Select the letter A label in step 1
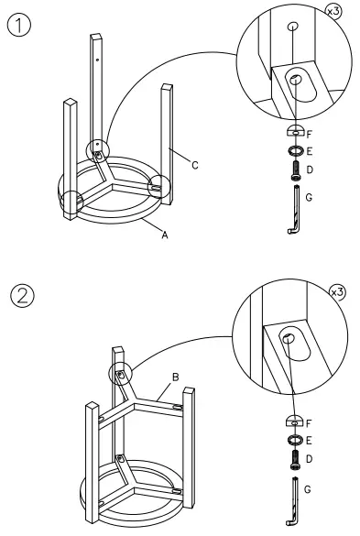pos(165,235)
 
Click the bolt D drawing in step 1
pos(296,170)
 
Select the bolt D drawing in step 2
pos(295,458)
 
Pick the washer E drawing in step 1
pos(296,150)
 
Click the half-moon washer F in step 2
pos(295,421)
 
